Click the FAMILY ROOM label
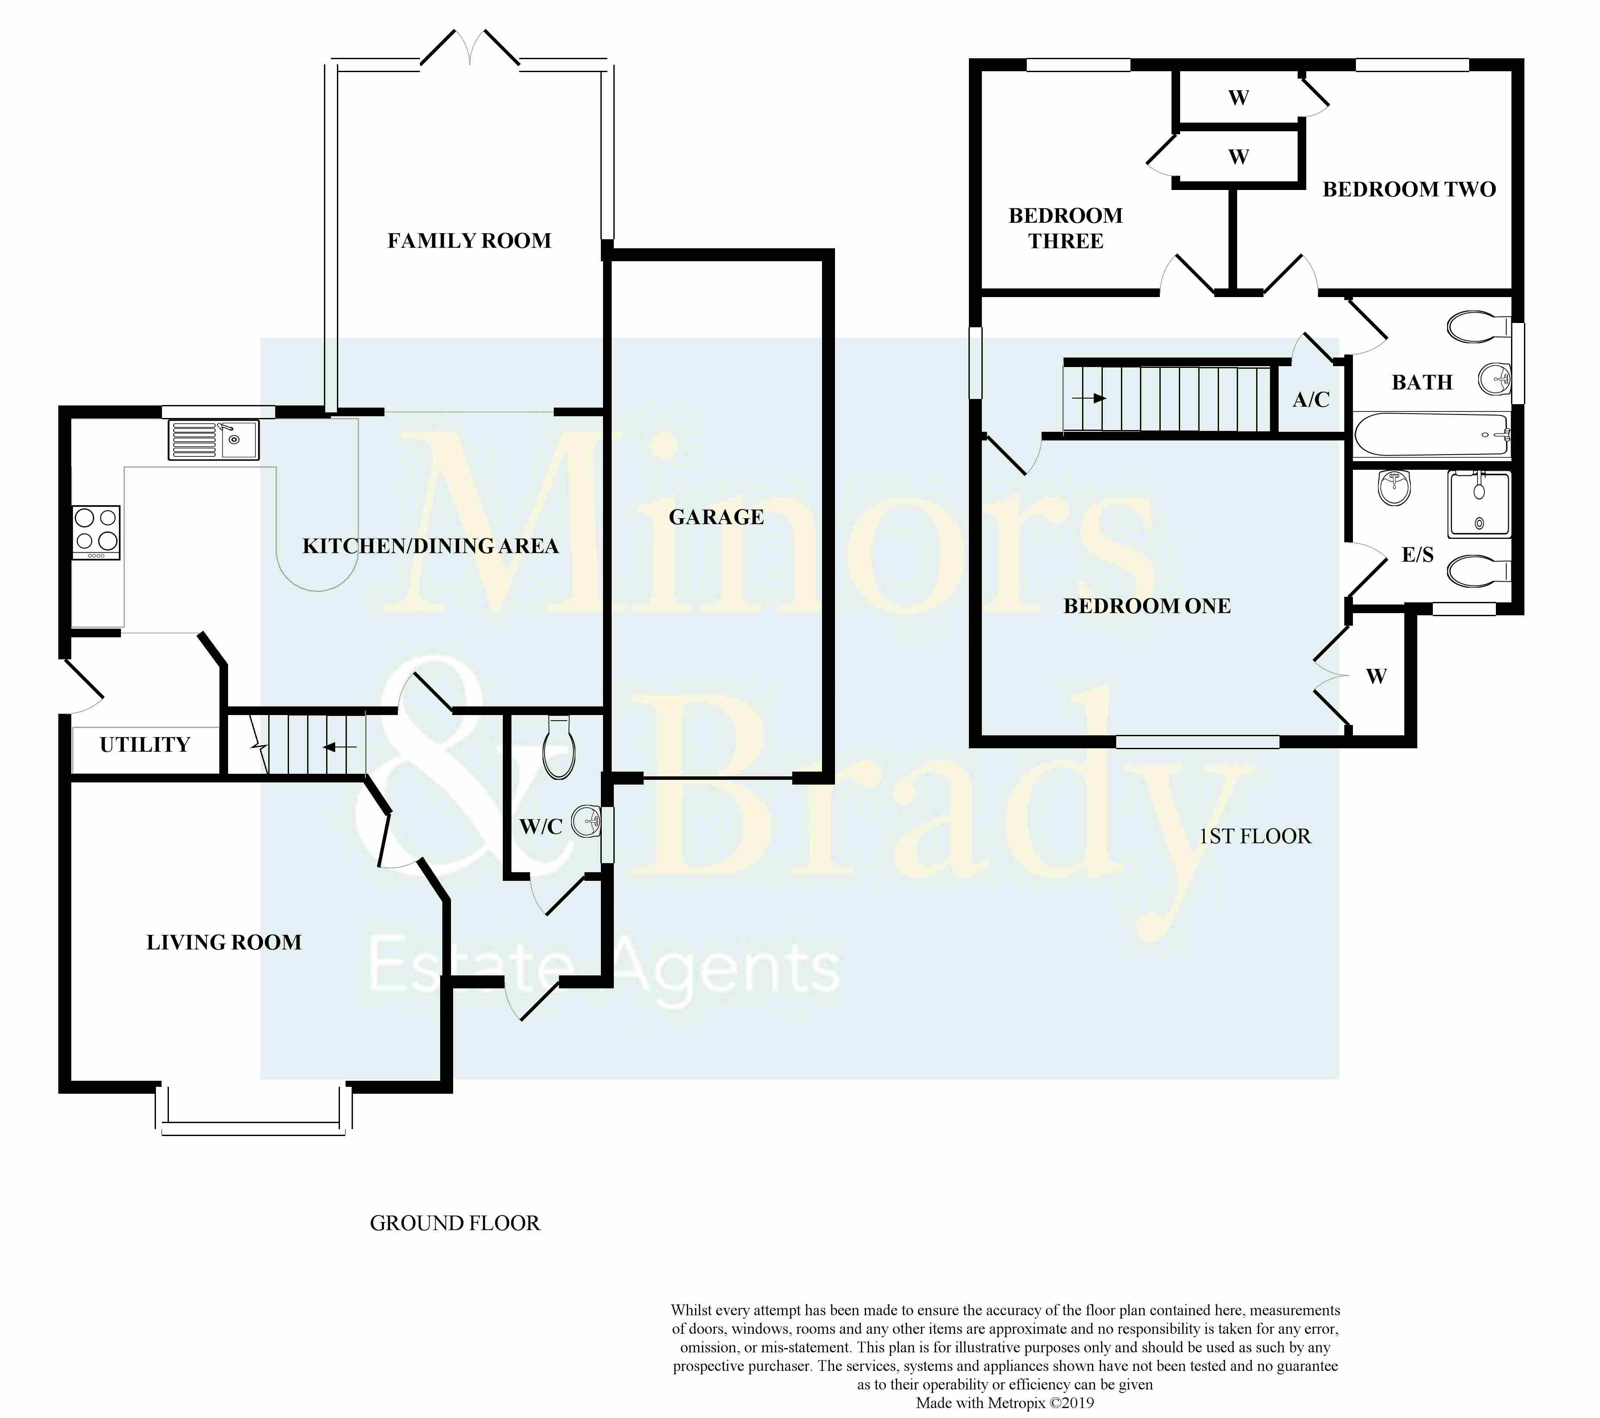[470, 241]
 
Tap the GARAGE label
[716, 517]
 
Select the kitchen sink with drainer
[213, 440]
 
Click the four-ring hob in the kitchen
[96, 532]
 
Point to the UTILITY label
[145, 745]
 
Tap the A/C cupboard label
[1311, 400]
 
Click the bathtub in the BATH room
[1432, 435]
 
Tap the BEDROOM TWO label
[1409, 190]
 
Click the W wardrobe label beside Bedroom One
[1376, 676]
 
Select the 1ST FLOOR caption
[1255, 836]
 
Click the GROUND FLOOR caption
[455, 1223]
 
